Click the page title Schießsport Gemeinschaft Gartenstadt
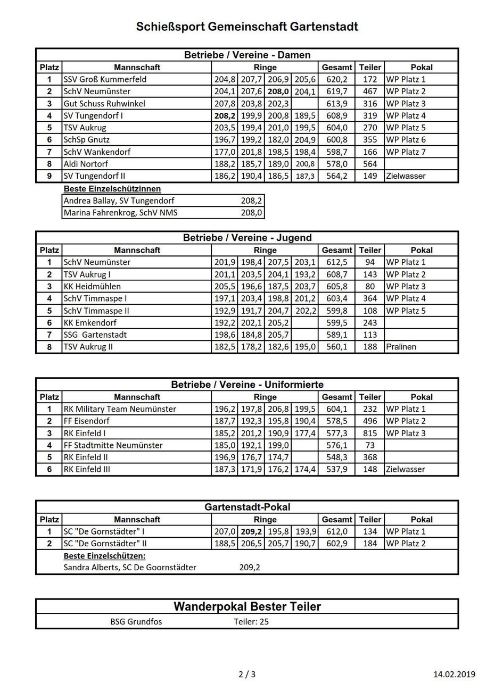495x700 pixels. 247,27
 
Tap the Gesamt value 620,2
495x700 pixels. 337,79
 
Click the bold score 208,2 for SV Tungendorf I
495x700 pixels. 225,115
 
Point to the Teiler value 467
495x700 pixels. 370,91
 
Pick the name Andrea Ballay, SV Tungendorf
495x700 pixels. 119,201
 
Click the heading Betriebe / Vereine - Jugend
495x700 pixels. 247,238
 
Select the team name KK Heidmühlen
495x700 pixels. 92,286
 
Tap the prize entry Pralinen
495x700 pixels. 401,347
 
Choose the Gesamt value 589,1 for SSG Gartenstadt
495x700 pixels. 337,335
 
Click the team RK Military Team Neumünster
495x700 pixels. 120,409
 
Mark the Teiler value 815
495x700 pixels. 370,433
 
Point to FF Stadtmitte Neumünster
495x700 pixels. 113,445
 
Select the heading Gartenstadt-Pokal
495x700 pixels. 247,507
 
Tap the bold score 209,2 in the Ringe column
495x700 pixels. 251,531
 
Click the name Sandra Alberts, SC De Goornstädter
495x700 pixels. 130,568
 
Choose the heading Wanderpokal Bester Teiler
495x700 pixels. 247,606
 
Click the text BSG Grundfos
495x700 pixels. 136,621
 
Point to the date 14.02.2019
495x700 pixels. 454,674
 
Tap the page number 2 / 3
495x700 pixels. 247,674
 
